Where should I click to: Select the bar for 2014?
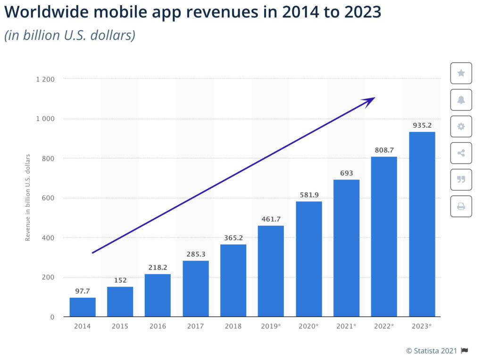click(x=83, y=307)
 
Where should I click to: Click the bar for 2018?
click(x=233, y=280)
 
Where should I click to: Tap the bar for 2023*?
click(x=422, y=224)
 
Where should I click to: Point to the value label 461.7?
click(x=271, y=219)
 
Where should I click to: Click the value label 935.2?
click(x=422, y=125)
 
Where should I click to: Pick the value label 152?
click(x=120, y=280)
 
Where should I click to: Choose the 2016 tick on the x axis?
click(x=158, y=326)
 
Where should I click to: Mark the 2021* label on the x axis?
click(x=346, y=326)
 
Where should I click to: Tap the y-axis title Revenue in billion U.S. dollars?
click(x=28, y=197)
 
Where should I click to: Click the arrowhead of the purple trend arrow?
click(x=370, y=100)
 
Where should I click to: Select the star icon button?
click(x=461, y=73)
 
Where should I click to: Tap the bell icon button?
click(x=461, y=100)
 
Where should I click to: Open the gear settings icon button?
click(x=461, y=126)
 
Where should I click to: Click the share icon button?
click(x=461, y=153)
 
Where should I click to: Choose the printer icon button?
click(x=461, y=206)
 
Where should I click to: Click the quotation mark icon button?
click(x=461, y=180)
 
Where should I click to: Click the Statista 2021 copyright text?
click(x=432, y=351)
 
